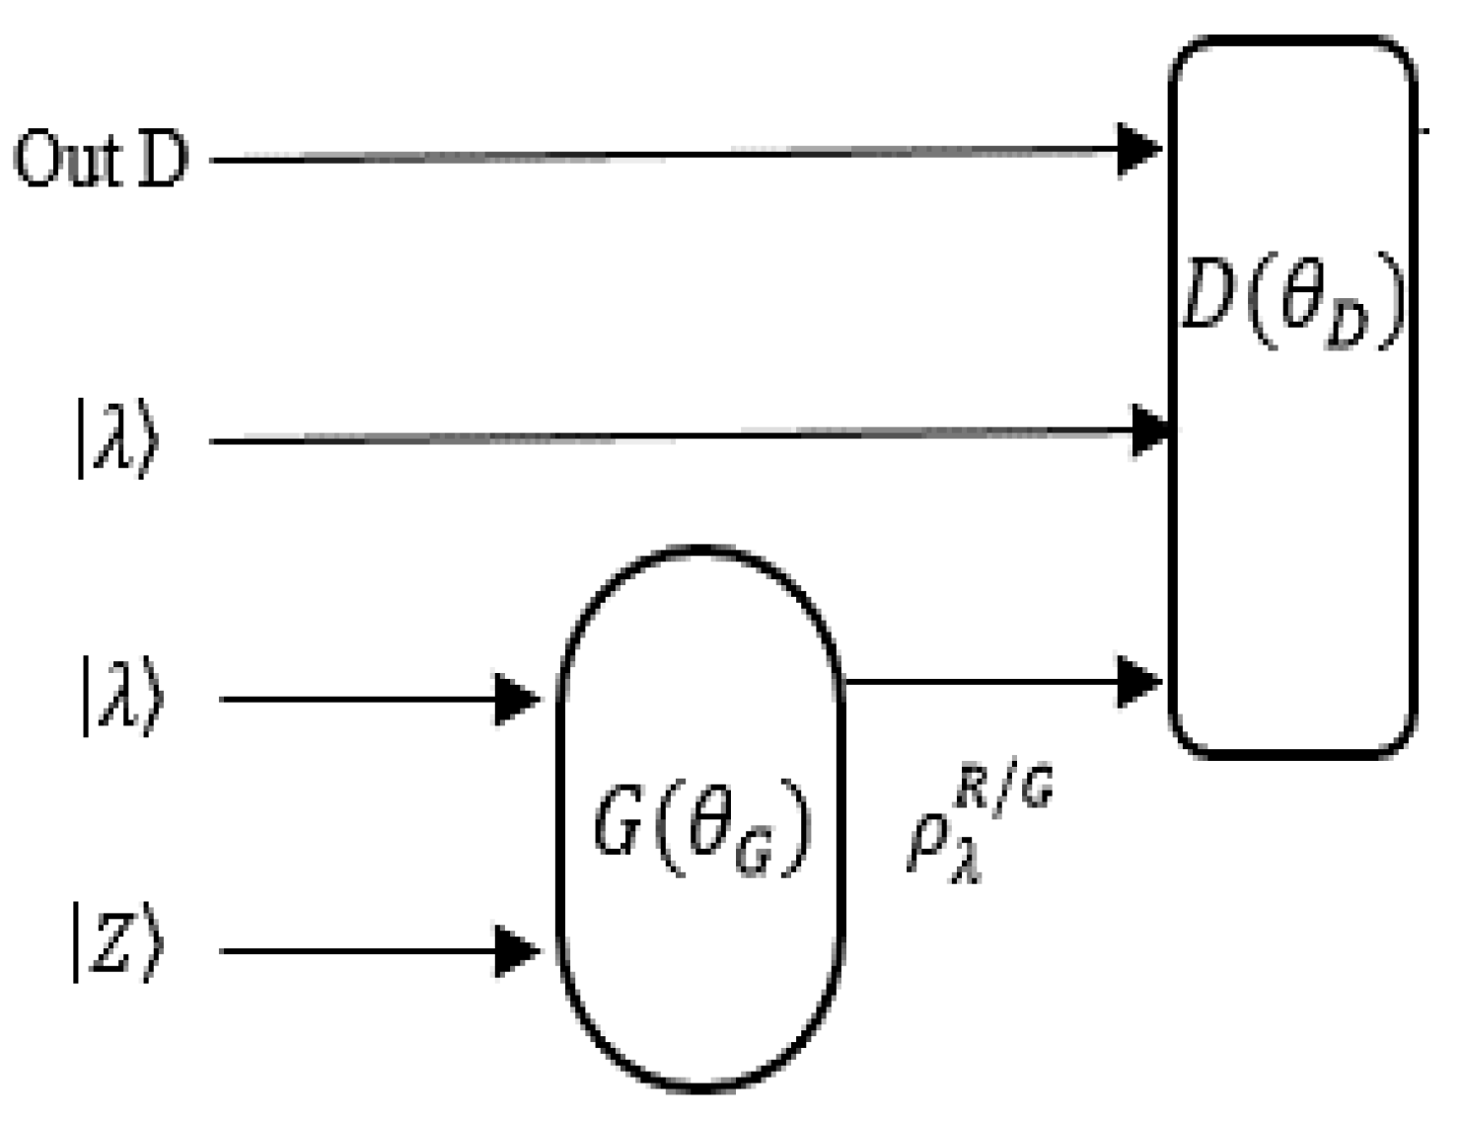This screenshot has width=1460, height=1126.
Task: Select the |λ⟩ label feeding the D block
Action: pyautogui.click(x=116, y=439)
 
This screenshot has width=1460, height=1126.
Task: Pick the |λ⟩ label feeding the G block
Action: pyautogui.click(x=121, y=698)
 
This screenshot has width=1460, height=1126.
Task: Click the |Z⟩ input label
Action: pyautogui.click(x=116, y=944)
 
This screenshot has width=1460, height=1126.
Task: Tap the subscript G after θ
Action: pyautogui.click(x=755, y=857)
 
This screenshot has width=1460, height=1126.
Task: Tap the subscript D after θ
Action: pyautogui.click(x=1348, y=329)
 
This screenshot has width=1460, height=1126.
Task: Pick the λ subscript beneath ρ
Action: pyautogui.click(x=968, y=868)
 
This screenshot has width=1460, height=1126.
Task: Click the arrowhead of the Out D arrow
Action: pyautogui.click(x=1139, y=150)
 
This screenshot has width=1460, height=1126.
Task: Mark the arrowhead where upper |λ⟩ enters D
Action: pyautogui.click(x=1149, y=430)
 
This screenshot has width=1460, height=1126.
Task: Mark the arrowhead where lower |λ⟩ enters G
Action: pyautogui.click(x=516, y=699)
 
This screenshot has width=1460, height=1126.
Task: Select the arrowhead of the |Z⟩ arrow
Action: pyautogui.click(x=516, y=951)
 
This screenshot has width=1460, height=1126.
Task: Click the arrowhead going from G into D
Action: pyautogui.click(x=1139, y=681)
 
